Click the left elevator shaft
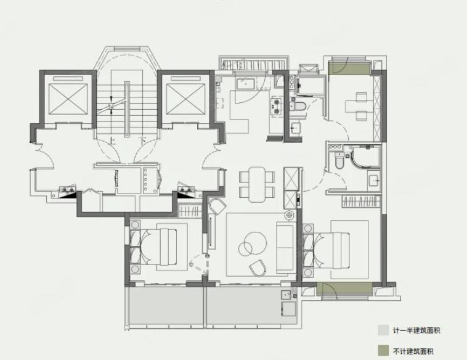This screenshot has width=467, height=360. [x=68, y=99]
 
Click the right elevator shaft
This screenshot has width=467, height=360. [x=185, y=99]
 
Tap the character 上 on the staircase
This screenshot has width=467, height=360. [x=112, y=141]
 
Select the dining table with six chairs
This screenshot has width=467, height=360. [x=257, y=184]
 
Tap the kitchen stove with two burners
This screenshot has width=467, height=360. [x=277, y=107]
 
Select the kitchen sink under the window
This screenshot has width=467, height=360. [x=245, y=84]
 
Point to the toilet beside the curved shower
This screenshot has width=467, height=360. [x=339, y=160]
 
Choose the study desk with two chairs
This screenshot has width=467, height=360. [x=360, y=106]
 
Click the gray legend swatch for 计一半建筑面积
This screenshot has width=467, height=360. [x=383, y=330]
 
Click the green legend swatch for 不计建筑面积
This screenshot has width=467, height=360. [x=383, y=351]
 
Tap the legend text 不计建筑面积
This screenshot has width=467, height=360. [x=413, y=351]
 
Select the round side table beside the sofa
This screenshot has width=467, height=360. [x=289, y=215]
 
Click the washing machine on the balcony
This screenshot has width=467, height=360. [x=288, y=309]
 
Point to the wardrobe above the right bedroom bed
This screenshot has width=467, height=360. [x=361, y=201]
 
